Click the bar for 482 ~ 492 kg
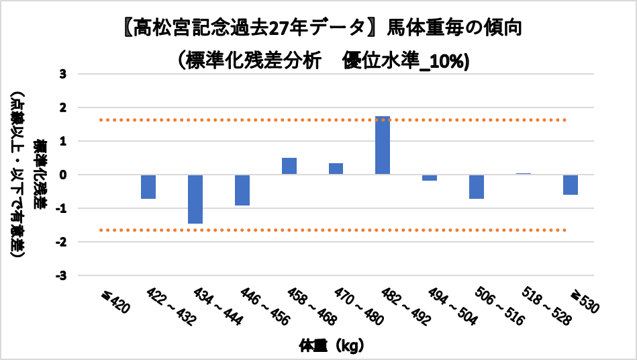coord(383,145)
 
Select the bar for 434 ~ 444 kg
coord(195,199)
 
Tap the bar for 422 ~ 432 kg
coord(148,187)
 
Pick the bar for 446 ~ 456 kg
coord(242,190)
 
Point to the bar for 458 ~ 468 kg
coord(289,166)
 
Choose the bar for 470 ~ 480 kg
coord(336,169)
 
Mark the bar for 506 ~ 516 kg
coord(477,187)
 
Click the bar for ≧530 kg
coord(571,185)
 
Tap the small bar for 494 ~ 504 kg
coord(430,177)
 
